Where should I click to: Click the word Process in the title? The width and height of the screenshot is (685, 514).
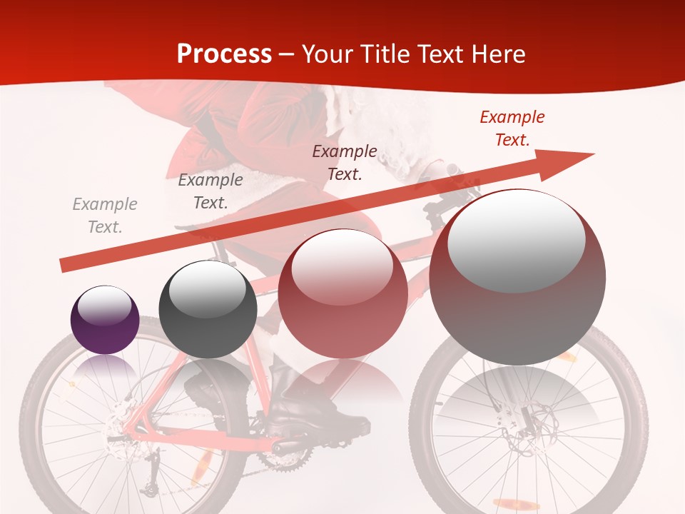(224, 54)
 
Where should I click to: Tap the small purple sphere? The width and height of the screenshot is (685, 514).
(105, 320)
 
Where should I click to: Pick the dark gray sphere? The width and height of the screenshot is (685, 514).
(208, 309)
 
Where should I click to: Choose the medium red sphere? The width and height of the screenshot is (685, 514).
(342, 294)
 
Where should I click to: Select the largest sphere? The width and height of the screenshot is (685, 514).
(517, 277)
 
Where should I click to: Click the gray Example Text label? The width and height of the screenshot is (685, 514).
(105, 216)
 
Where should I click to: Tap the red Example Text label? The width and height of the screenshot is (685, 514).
(512, 128)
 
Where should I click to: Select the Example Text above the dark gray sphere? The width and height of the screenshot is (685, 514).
(210, 191)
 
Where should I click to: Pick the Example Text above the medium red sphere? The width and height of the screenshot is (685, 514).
(345, 162)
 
